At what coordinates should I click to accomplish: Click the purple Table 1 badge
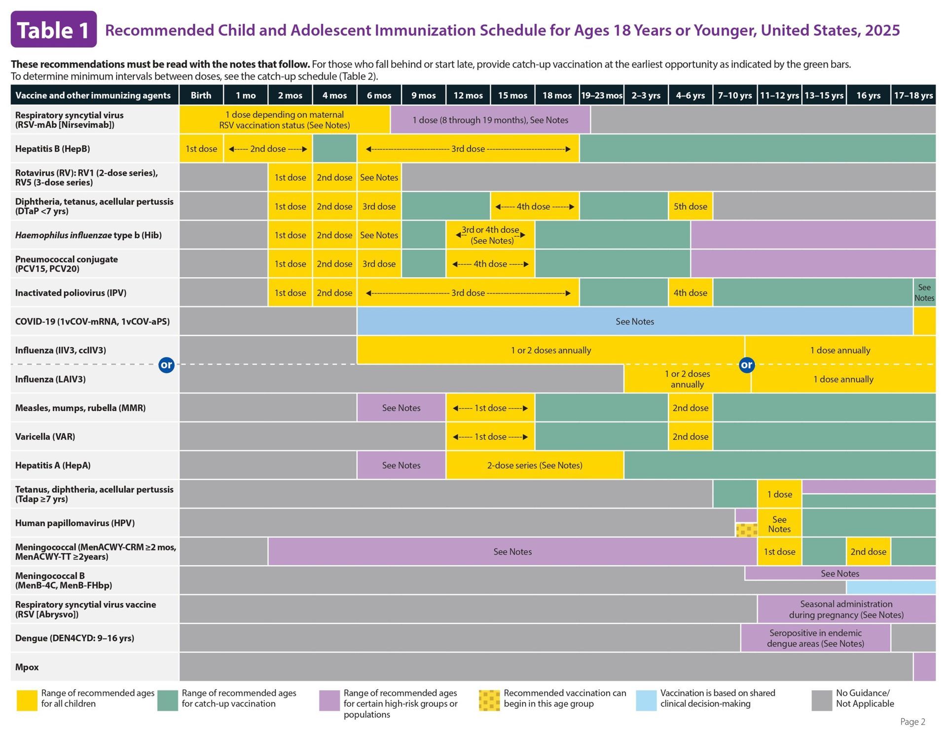(x=54, y=30)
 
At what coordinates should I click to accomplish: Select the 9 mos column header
(x=423, y=95)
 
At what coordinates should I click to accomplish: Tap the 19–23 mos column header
(x=601, y=95)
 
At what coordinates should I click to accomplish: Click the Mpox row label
(x=27, y=667)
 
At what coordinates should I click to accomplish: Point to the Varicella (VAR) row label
(x=45, y=437)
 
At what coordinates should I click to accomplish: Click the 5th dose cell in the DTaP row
(x=690, y=206)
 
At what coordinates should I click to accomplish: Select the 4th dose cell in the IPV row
(x=690, y=293)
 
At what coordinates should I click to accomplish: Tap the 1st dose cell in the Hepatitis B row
(x=201, y=148)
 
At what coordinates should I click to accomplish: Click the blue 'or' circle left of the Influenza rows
(x=166, y=365)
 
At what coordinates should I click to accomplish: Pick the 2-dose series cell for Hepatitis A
(x=535, y=465)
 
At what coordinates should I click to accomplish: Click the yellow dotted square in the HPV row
(x=746, y=530)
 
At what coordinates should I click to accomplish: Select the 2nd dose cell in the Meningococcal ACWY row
(x=868, y=551)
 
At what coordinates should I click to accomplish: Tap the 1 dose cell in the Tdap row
(x=779, y=494)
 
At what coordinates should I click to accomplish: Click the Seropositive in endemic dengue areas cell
(x=815, y=638)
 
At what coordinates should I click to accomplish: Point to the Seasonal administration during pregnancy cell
(x=846, y=609)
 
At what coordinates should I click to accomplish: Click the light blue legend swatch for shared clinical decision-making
(x=646, y=700)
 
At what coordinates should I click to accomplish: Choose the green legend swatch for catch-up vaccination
(x=167, y=700)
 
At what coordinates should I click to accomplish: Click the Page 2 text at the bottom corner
(x=912, y=722)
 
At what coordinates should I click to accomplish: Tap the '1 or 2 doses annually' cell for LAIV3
(x=687, y=379)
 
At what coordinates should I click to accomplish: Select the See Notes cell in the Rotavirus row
(x=379, y=178)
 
